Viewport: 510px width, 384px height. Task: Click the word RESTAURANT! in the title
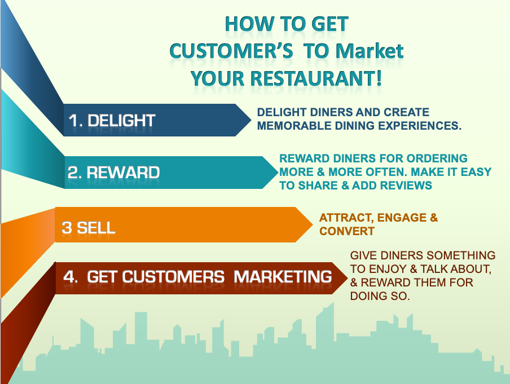pos(316,79)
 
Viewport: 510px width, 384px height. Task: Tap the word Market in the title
pos(370,51)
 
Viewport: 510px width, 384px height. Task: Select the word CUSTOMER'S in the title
pos(231,51)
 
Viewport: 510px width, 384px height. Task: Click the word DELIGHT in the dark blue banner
pos(121,121)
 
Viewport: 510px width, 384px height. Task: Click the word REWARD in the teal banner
pos(123,173)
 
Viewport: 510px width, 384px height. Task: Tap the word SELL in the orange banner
pos(96,228)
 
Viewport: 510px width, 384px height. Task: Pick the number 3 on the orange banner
pos(67,228)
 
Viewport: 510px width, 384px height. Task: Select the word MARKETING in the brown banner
pos(282,277)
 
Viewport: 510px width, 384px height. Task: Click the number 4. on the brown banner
pos(71,277)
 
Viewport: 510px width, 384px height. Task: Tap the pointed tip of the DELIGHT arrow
pos(251,120)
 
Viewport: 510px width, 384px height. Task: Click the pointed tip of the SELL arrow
pos(312,224)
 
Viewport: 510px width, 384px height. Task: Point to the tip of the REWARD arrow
pos(278,173)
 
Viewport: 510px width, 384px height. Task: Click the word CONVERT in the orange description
pos(347,231)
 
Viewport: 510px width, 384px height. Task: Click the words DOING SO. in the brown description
pos(380,296)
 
